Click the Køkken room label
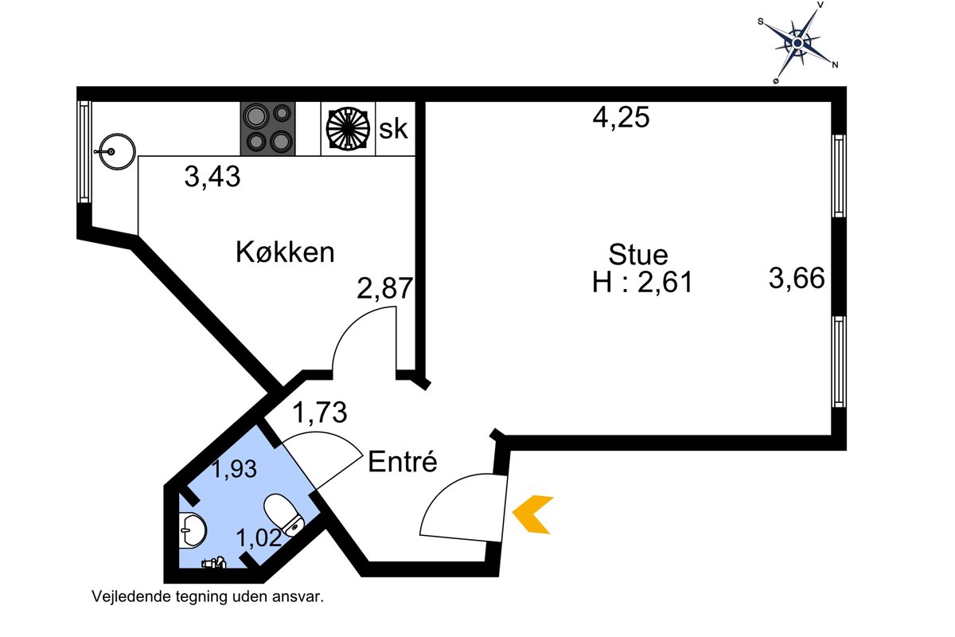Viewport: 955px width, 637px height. coord(285,252)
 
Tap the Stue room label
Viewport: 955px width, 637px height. coord(637,255)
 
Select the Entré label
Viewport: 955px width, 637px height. coord(403,461)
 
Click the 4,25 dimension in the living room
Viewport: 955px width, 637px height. coord(621,117)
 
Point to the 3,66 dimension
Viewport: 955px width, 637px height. coord(797,278)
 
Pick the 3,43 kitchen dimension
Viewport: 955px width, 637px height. coord(212,176)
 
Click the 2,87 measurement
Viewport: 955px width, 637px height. coord(384,287)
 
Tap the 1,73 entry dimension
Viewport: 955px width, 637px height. coord(320,412)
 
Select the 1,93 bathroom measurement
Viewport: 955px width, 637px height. coord(235,469)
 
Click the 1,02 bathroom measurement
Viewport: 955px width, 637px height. coord(259,537)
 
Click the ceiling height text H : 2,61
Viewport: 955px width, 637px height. coord(642,282)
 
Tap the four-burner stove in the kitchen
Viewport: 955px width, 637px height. coord(267,128)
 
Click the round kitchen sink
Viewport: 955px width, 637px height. coord(116,151)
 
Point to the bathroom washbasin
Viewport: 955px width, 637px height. coord(193,530)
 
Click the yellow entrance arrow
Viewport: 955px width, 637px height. coord(533,514)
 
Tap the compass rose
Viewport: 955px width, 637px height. coord(797,43)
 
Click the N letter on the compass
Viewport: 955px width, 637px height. coord(835,64)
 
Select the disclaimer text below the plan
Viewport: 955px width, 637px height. coord(208,596)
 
